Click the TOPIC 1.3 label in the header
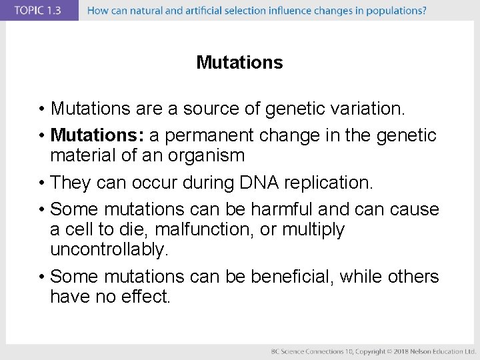39,11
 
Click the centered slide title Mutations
239,63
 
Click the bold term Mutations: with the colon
97,135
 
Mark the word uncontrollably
109,250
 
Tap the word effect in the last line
147,297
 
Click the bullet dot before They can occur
42,183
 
